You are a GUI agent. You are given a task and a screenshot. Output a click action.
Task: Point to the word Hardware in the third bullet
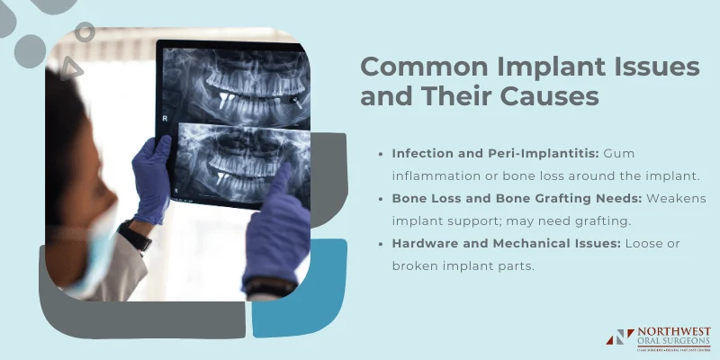[426, 241]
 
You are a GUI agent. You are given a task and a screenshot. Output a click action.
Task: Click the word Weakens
[675, 197]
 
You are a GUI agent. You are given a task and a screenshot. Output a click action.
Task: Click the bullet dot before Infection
[381, 155]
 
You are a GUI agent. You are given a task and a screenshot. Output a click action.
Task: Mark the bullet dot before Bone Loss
[381, 198]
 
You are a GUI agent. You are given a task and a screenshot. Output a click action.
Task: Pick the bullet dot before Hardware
[381, 242]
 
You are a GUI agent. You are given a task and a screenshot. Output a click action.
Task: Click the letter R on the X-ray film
[165, 118]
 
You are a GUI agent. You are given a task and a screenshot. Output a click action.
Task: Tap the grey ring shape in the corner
[85, 33]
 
